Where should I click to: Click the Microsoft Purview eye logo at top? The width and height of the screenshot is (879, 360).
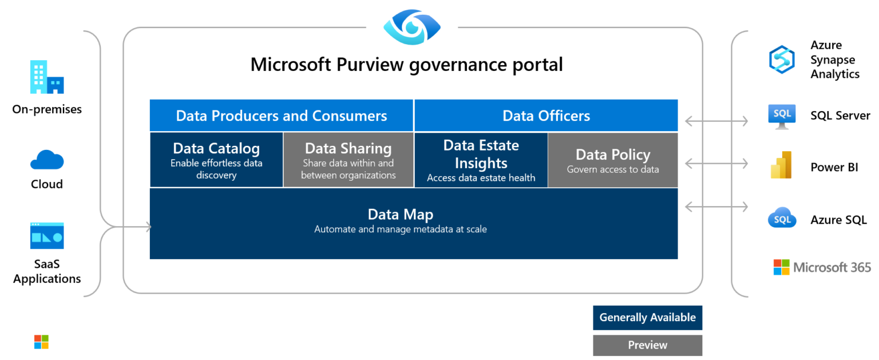coord(412,27)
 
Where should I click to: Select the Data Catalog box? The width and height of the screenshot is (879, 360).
coord(216,160)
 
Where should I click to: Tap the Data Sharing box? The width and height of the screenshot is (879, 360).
coord(348,160)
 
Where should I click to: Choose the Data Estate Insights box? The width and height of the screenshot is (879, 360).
coord(481,160)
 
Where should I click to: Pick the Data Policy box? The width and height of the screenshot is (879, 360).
coord(612,160)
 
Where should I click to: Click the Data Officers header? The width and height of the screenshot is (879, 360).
coord(546,116)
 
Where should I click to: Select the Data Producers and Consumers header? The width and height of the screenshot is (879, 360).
coord(281,116)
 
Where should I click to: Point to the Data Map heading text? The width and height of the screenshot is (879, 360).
coord(400,215)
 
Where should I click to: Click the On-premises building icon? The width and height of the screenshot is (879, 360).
coord(47,77)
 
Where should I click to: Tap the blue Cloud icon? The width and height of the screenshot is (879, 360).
coord(47,160)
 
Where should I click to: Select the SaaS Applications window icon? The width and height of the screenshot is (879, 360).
coord(47,236)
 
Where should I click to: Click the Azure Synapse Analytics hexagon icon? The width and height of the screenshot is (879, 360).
coord(782,60)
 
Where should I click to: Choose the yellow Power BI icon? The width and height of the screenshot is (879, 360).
coord(781,165)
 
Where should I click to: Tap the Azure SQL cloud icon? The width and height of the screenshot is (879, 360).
coord(782,218)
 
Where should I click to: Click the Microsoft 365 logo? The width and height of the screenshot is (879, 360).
coord(822,267)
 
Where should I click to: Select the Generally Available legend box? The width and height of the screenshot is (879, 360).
coord(647,318)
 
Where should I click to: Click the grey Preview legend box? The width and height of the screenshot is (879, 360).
coord(647,345)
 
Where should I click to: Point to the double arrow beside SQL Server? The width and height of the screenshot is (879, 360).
coord(716,121)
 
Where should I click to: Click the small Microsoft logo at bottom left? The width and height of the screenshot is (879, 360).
coord(41,342)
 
